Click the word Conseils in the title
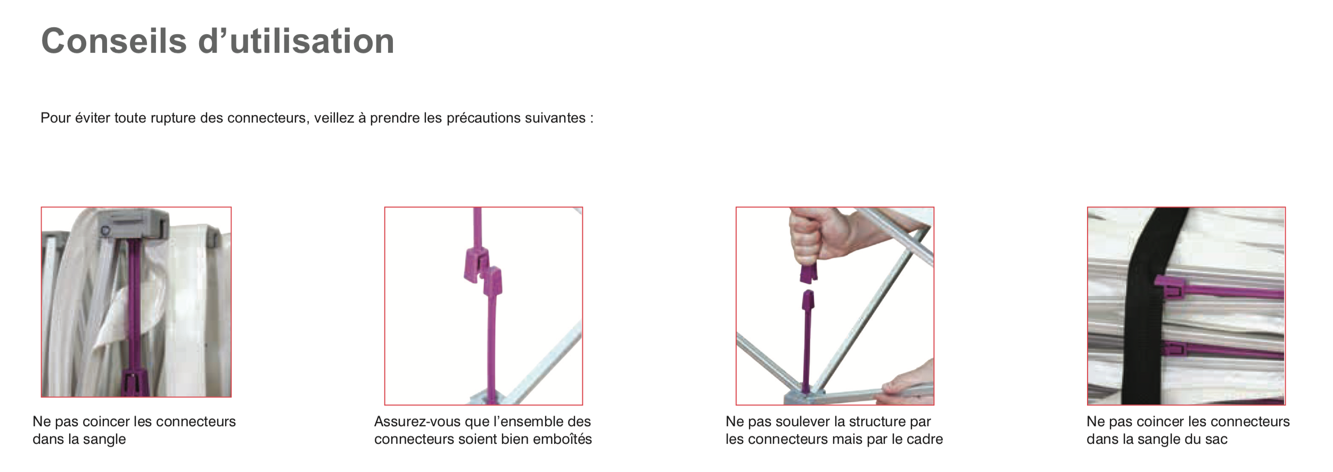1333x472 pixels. pyautogui.click(x=114, y=41)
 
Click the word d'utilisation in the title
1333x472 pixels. pyautogui.click(x=296, y=41)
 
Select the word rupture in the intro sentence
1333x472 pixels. pyautogui.click(x=173, y=118)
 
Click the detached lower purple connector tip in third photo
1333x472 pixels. pyautogui.click(x=808, y=302)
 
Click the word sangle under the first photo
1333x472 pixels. pyautogui.click(x=104, y=440)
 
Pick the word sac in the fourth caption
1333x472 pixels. pyautogui.click(x=1216, y=440)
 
